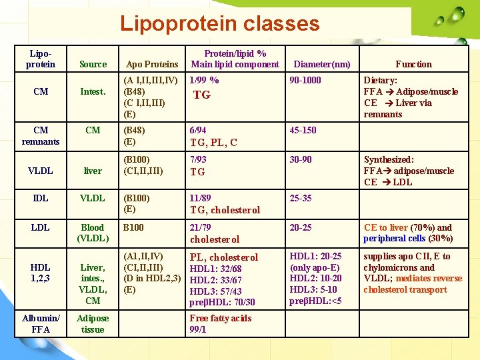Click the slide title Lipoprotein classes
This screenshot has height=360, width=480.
tap(219, 24)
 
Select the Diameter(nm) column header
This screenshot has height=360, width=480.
tap(322, 64)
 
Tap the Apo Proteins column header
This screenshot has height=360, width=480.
tap(152, 64)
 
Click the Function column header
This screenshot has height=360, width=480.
tap(413, 64)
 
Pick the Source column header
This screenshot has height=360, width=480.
tap(93, 64)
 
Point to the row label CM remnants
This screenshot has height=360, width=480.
tap(41, 136)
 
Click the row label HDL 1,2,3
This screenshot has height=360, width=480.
tap(41, 273)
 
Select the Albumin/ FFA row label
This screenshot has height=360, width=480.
tap(41, 323)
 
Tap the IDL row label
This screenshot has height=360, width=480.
tap(41, 199)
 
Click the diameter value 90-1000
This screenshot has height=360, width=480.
tap(305, 80)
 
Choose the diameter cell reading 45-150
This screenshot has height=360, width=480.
tap(303, 131)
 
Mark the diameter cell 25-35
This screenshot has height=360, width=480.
tap(301, 199)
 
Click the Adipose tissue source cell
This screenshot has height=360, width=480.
tap(93, 323)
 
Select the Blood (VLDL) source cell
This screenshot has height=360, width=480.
tap(93, 233)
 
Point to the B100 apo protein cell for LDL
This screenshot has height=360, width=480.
tap(134, 227)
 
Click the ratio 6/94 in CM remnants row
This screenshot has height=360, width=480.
tap(198, 131)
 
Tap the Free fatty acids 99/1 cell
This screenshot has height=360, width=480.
tap(221, 324)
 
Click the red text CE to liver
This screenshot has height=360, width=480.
tap(385, 227)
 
